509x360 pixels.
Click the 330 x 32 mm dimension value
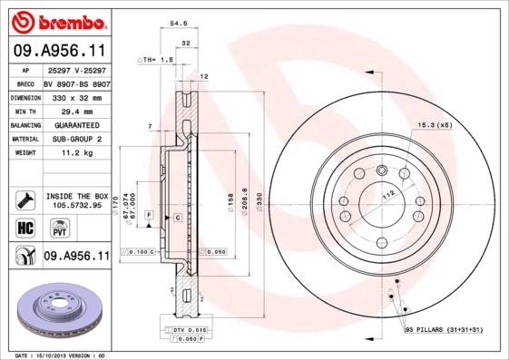coord(75,95)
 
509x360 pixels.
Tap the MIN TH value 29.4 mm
coord(75,110)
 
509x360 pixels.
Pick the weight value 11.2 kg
coord(75,153)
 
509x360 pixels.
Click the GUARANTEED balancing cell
coord(75,124)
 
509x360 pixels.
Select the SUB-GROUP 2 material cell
coord(75,139)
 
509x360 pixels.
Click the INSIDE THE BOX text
coord(76,196)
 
